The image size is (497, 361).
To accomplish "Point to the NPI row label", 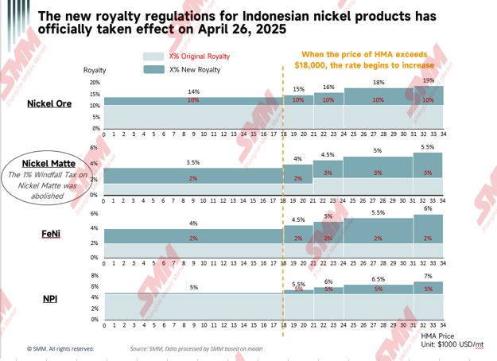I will (50, 299).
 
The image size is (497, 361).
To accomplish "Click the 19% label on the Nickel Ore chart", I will (429, 80).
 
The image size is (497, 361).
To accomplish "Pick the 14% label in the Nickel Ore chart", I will (192, 92).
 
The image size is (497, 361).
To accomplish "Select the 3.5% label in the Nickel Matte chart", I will (192, 162).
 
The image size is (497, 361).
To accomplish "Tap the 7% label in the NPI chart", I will (429, 276).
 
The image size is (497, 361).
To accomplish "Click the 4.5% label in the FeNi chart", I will (299, 219).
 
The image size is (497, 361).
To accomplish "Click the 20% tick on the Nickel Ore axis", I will (95, 83).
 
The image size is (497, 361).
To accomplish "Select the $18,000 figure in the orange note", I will (313, 66).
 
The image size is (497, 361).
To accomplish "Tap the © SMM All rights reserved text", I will (60, 348).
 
